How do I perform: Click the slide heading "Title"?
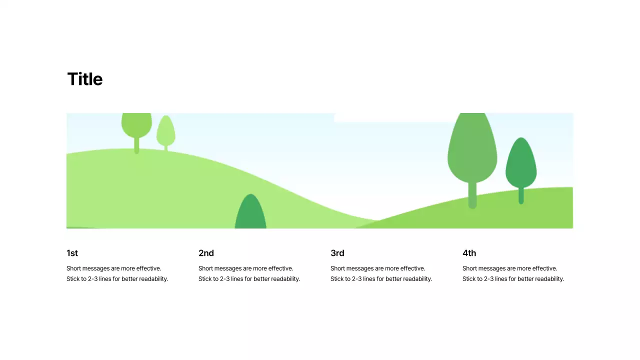click(x=85, y=79)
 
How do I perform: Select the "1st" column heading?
click(x=72, y=253)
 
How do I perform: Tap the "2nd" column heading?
click(x=206, y=253)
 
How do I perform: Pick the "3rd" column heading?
click(x=337, y=253)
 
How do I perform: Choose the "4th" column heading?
click(x=469, y=253)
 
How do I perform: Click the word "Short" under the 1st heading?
click(x=74, y=268)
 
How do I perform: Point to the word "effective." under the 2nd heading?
click(x=280, y=268)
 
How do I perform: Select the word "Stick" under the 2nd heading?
click(x=205, y=279)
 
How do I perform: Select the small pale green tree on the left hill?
click(x=165, y=131)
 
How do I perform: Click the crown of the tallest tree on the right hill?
click(x=472, y=150)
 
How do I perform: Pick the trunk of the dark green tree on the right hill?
click(x=521, y=195)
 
